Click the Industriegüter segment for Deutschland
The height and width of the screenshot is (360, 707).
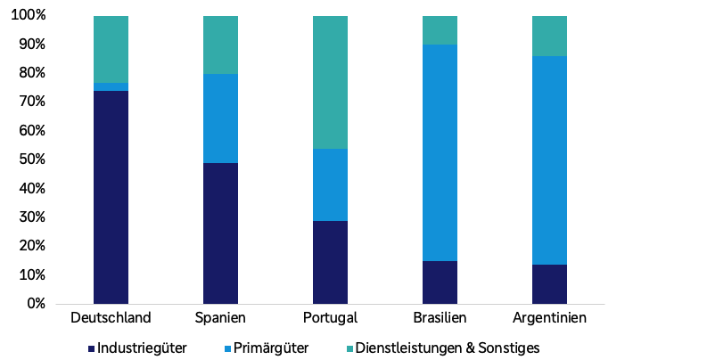(x=111, y=197)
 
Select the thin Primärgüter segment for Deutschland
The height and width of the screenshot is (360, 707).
(x=111, y=86)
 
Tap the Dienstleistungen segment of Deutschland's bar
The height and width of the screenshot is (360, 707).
(x=111, y=49)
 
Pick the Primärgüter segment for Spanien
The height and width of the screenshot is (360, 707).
(x=220, y=119)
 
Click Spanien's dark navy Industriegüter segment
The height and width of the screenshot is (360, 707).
(x=220, y=233)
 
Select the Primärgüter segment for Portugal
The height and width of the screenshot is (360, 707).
(x=330, y=184)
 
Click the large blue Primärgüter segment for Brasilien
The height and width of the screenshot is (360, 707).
(x=440, y=152)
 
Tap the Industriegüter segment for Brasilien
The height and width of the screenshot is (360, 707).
(x=440, y=282)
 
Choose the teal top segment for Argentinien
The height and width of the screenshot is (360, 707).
(x=549, y=36)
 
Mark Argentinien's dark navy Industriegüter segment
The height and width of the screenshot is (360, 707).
(x=549, y=283)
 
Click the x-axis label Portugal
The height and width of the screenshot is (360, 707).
(x=330, y=318)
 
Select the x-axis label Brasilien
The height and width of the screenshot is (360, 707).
(x=440, y=318)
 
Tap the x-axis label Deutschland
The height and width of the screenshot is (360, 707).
(x=111, y=318)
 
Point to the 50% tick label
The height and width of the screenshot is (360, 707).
(x=32, y=160)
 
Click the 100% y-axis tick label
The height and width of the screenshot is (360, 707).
(x=29, y=16)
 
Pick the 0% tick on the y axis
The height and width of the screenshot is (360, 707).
(x=36, y=304)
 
